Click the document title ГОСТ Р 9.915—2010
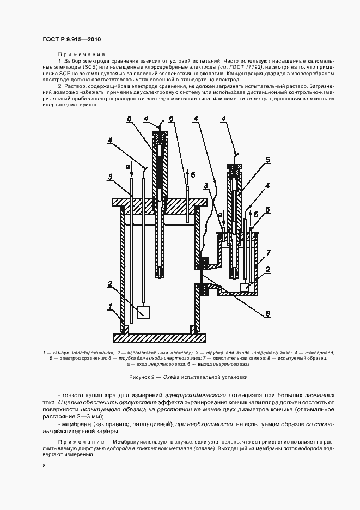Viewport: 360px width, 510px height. pos(71,39)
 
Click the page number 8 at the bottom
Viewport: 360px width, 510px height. pos(44,466)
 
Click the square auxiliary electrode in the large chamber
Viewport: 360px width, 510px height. pos(144,312)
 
